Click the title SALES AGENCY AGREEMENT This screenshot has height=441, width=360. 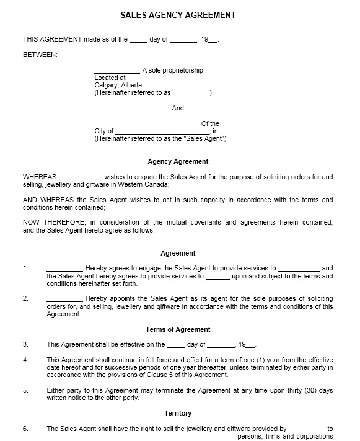(x=177, y=14)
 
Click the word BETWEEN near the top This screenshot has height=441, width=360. (x=40, y=55)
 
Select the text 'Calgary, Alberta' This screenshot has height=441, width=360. (x=118, y=85)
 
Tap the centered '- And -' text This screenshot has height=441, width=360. (x=178, y=108)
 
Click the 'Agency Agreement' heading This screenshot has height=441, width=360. (x=178, y=161)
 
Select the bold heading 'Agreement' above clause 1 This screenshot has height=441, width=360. (x=178, y=253)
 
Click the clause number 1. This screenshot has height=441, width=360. (x=25, y=269)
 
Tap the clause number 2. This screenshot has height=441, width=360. (x=25, y=298)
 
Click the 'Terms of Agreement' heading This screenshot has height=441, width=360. (x=178, y=329)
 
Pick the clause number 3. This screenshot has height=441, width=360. (x=25, y=344)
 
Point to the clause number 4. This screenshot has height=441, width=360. (x=25, y=360)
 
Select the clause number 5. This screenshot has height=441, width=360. (x=25, y=390)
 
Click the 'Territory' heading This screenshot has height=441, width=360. (x=178, y=413)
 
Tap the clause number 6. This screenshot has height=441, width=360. (x=25, y=429)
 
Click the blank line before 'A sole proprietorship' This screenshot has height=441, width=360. (x=116, y=71)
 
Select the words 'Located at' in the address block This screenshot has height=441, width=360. (x=110, y=78)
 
